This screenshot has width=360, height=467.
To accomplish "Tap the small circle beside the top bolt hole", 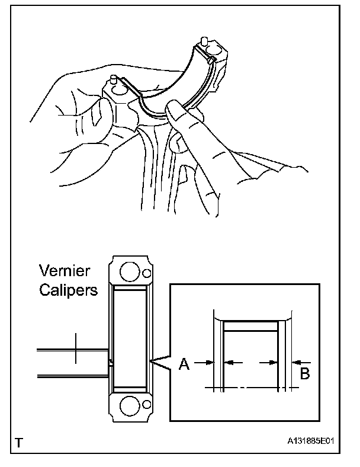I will click(146, 273).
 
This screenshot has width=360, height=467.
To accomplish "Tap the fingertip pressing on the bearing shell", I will click(175, 109).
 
